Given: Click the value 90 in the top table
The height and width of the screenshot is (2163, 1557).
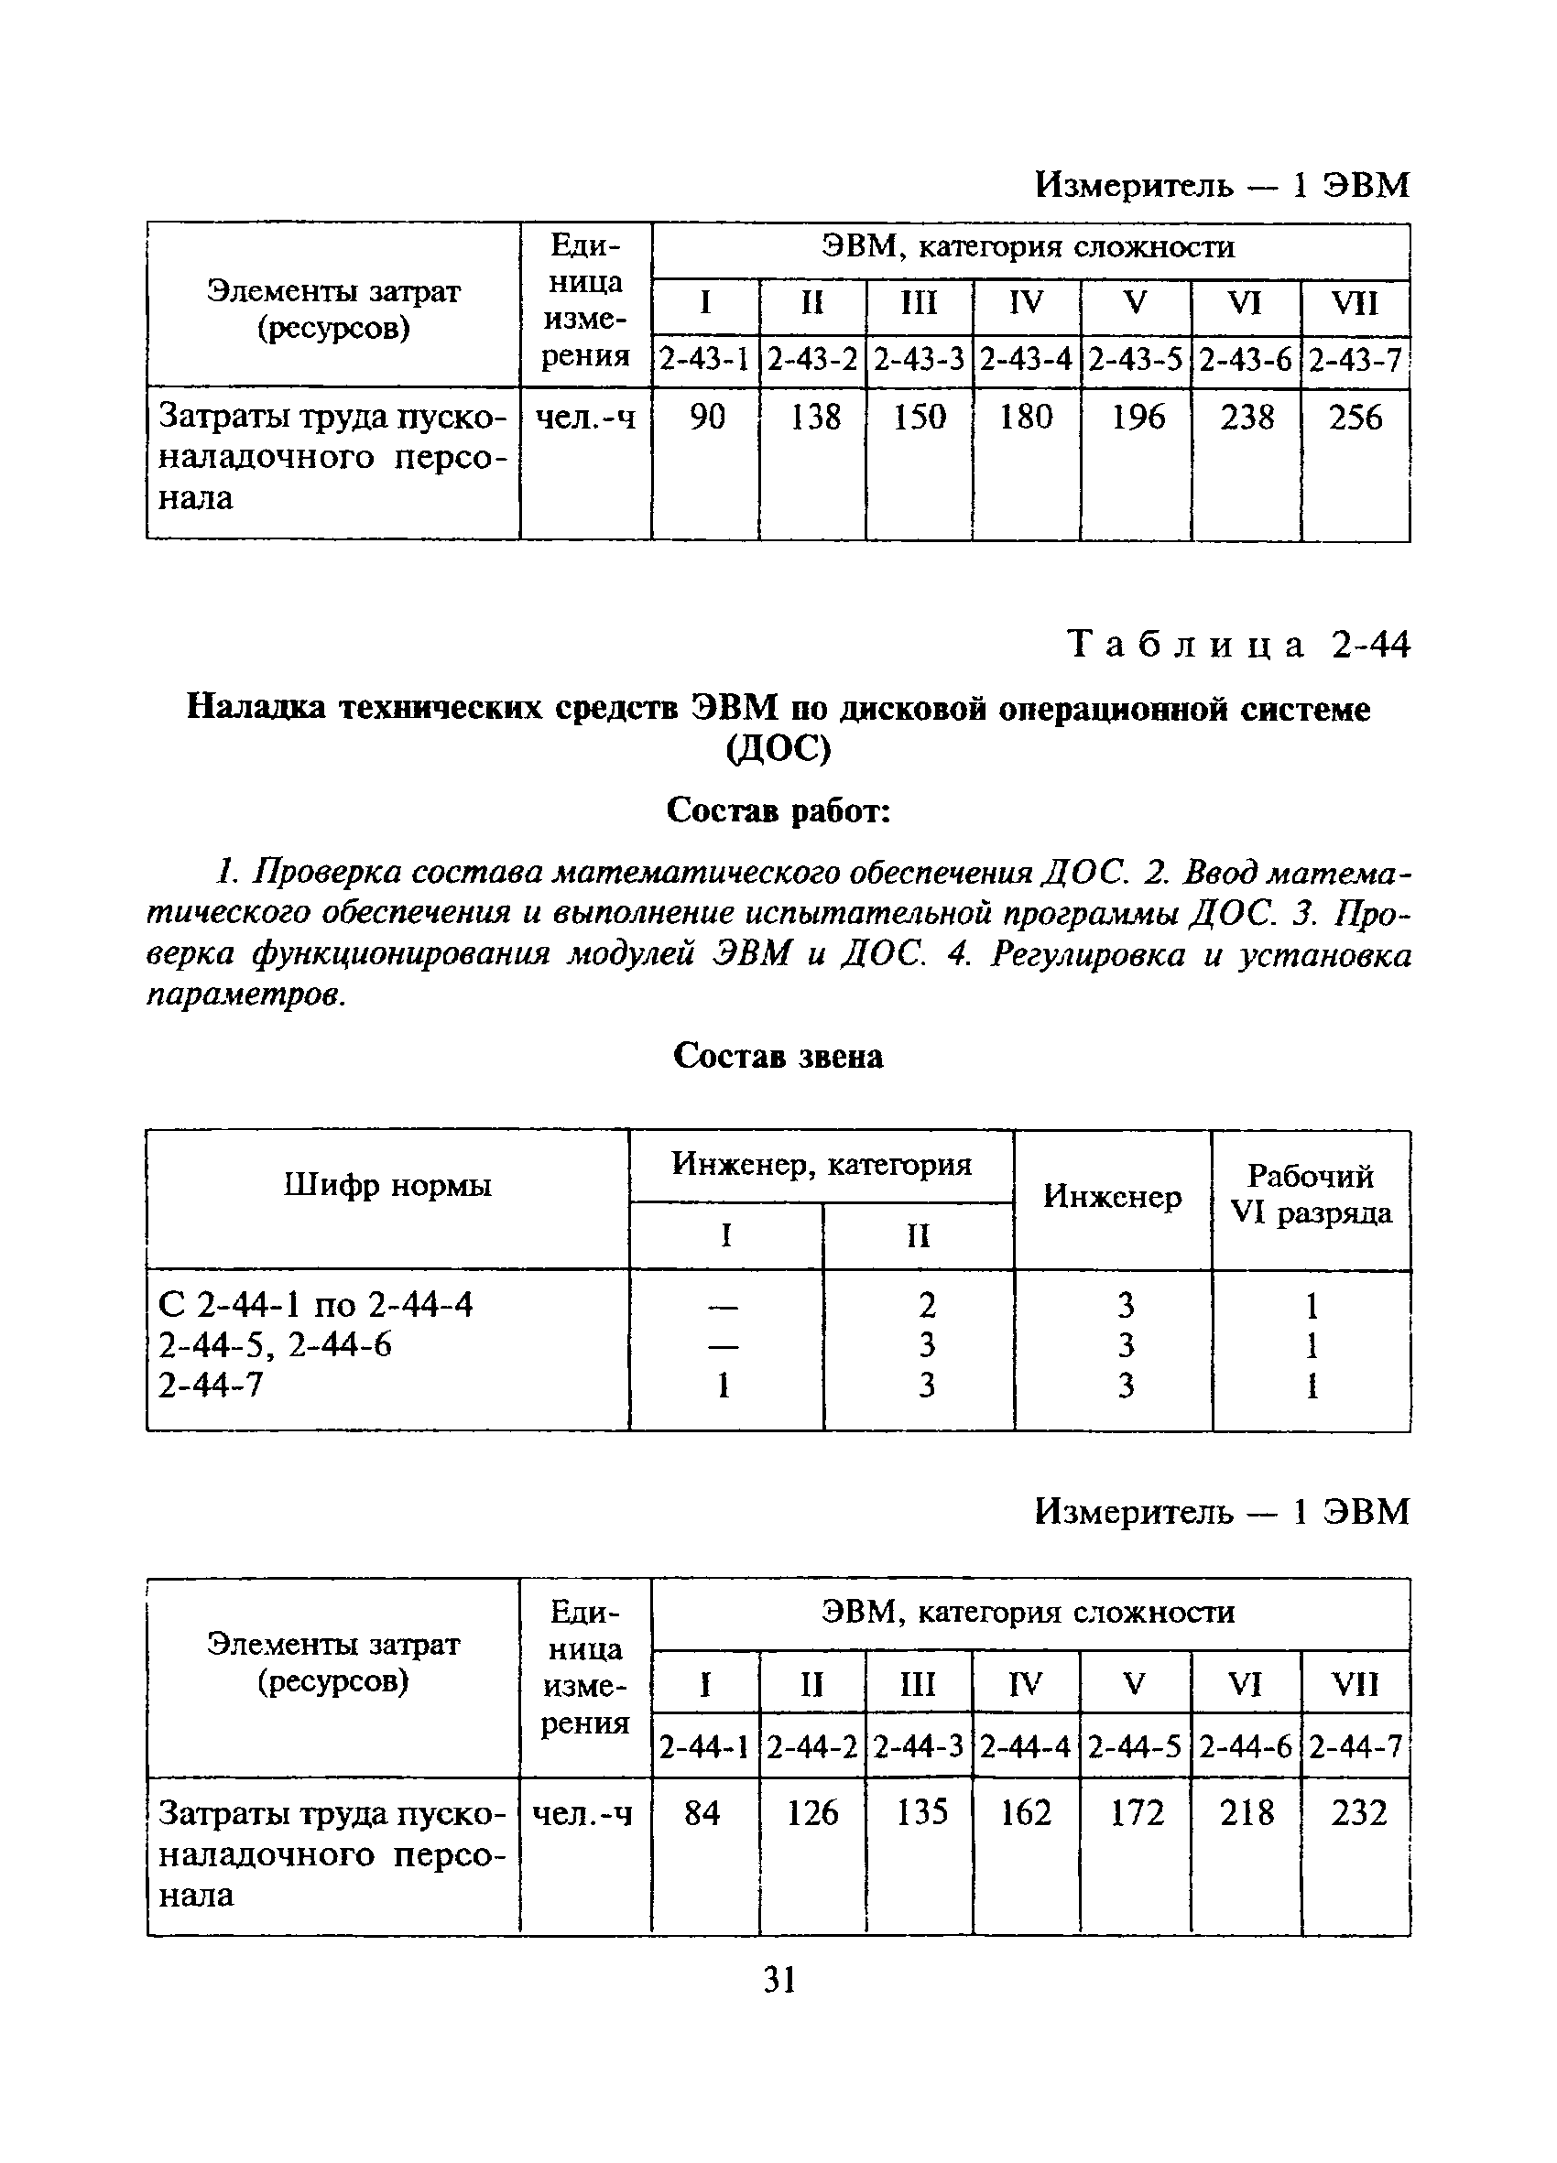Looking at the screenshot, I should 706,417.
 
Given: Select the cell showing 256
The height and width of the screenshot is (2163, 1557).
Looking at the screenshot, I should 1355,417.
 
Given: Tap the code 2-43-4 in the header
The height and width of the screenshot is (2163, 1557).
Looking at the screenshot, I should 1026,360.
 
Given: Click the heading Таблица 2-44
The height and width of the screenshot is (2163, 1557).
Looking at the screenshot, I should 1236,646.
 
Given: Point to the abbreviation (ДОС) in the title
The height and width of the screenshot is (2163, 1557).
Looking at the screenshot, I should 778,749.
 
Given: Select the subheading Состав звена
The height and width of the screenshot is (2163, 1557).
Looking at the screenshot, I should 778,1056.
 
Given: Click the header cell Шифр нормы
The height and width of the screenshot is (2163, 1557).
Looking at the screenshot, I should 387,1186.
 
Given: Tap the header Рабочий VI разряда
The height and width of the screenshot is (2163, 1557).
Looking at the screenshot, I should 1311,1194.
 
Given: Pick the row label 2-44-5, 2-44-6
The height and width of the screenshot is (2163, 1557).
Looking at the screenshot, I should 275,1344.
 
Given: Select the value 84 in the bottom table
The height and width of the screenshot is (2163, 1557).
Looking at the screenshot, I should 703,1812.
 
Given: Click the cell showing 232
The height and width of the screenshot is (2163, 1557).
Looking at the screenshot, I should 1357,1812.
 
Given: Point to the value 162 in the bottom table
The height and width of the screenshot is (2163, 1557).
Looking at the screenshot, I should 1026,1812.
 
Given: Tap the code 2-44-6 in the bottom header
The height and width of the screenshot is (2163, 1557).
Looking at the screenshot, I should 1245,1746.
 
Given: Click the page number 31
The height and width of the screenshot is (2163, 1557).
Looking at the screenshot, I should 779,1981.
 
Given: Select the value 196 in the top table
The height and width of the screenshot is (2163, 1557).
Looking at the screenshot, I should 1138,417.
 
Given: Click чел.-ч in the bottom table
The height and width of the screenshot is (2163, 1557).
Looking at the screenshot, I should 583,1813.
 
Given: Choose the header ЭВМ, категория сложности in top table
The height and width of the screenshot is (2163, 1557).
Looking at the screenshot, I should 1029,248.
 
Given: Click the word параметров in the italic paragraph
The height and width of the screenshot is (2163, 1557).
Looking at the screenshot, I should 244,995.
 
